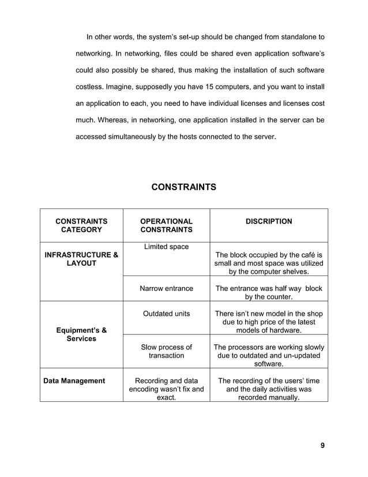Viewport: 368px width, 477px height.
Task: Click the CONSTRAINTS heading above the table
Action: click(x=183, y=187)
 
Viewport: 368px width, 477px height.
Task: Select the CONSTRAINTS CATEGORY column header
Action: click(x=81, y=225)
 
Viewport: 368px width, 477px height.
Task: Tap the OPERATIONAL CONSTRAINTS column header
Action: click(x=167, y=225)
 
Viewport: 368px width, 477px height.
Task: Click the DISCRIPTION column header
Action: click(x=268, y=221)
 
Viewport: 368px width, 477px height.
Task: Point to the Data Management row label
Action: click(x=74, y=381)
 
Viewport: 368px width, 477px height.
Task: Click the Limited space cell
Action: click(x=167, y=247)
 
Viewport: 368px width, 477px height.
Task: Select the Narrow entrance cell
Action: click(x=167, y=289)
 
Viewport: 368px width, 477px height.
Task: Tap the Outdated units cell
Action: click(x=167, y=314)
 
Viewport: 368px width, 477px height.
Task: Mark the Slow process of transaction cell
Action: click(x=167, y=352)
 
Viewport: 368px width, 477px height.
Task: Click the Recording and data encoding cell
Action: click(x=167, y=389)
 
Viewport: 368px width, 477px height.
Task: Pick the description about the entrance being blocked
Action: click(x=268, y=293)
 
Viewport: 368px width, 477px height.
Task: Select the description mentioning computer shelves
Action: click(x=268, y=263)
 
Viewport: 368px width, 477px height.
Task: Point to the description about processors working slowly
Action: click(x=268, y=356)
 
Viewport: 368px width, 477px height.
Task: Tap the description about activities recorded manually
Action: click(x=268, y=389)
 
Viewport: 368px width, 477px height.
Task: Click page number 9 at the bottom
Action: click(x=322, y=445)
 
